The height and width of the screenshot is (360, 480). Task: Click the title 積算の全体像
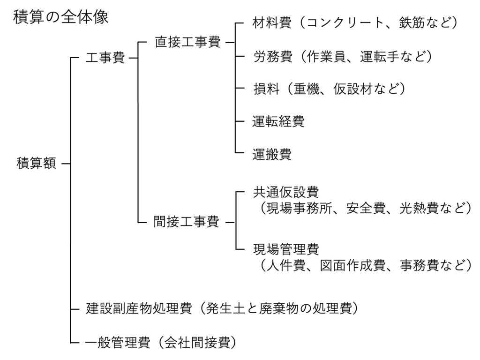pos(60,17)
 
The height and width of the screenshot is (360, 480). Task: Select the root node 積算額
pos(37,163)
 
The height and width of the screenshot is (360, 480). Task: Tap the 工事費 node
pos(105,58)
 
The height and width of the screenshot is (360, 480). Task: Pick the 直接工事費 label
pos(187,42)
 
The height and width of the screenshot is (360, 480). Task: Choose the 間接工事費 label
pos(186,222)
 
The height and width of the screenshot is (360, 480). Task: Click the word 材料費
pos(272,23)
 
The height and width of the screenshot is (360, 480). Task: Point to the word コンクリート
pos(345,23)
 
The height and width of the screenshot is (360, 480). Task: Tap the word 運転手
pos(379,57)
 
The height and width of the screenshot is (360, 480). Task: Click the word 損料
pos(266,89)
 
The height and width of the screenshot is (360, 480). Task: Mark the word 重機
pos(307,89)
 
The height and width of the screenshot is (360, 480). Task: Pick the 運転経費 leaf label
pos(278,121)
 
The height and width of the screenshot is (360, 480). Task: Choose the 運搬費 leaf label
pos(272,154)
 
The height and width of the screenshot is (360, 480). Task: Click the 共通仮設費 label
pos(286,192)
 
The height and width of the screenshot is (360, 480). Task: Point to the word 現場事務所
pos(299,208)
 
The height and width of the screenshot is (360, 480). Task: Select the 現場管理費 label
pos(286,249)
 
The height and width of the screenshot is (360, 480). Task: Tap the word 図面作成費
pos(352,265)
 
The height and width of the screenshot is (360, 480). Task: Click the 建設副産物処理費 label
pos(139,308)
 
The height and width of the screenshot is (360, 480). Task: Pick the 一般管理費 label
pos(118,342)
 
